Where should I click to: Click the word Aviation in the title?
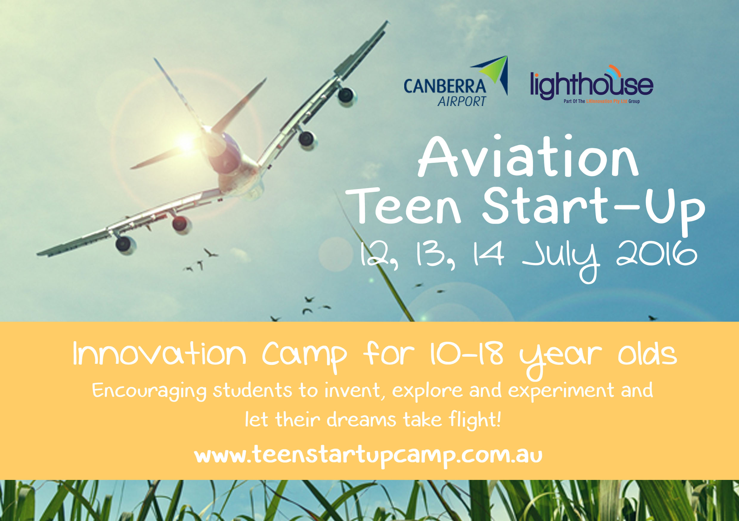coord(528,156)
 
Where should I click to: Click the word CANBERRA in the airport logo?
coord(445,86)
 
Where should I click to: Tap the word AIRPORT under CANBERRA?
coord(461,101)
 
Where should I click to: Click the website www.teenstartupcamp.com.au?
coord(368,456)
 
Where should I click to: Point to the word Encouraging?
coord(149,391)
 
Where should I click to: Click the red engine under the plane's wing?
coord(181,224)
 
